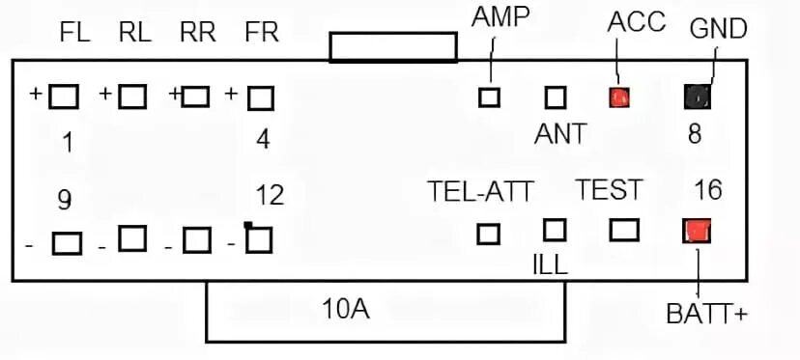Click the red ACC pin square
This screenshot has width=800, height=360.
tap(619, 97)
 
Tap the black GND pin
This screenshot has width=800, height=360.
tap(697, 97)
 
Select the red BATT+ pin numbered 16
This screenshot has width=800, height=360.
tap(697, 231)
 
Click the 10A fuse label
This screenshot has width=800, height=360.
tap(346, 309)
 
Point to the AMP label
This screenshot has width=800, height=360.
tap(500, 17)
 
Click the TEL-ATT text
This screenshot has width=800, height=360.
tap(480, 192)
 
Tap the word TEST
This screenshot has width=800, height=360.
tap(609, 190)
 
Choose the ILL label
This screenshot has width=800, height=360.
tap(550, 264)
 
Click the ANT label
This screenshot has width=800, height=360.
tap(560, 134)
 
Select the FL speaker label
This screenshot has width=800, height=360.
tap(75, 33)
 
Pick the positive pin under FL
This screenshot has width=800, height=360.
tap(64, 97)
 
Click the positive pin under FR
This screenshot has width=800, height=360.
tap(261, 97)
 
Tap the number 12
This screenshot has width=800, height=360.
tap(270, 195)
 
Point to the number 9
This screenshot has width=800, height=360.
tap(65, 200)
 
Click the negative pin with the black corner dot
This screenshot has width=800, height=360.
tap(259, 238)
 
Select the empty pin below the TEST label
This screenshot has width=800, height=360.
tap(624, 230)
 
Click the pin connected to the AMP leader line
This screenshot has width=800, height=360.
tap(489, 97)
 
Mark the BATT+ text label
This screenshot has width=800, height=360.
tap(707, 314)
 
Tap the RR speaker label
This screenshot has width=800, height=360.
tap(198, 33)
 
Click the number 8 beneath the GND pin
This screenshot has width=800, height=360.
tap(695, 133)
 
